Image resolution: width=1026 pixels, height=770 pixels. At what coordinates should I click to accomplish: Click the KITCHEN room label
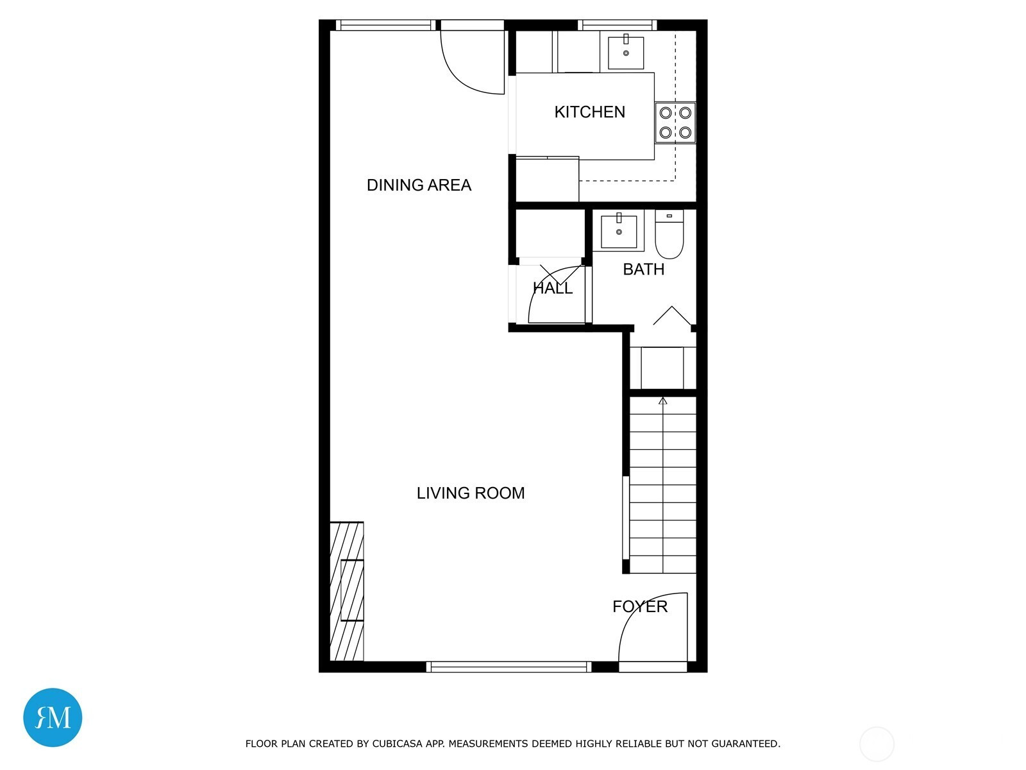click(589, 112)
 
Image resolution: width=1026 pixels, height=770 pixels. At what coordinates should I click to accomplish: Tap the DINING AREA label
click(419, 185)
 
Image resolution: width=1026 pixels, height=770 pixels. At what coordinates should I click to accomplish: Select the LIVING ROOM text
click(471, 493)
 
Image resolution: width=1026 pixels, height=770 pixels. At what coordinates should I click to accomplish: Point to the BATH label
click(644, 269)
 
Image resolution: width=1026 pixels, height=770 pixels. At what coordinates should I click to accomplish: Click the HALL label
click(553, 288)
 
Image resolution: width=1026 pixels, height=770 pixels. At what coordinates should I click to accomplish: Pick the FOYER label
click(640, 606)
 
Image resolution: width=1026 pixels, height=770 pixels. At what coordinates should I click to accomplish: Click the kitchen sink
click(626, 53)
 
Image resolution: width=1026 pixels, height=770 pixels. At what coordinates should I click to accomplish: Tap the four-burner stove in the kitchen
click(675, 123)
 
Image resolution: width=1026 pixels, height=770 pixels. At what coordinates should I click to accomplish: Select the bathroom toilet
click(669, 234)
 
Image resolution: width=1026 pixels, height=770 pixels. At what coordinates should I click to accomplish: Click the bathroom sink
click(619, 230)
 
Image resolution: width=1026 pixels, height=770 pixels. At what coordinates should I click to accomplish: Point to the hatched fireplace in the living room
click(347, 591)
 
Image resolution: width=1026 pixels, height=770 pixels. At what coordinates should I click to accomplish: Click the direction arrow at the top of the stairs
click(663, 400)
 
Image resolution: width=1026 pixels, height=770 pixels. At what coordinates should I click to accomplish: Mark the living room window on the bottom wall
click(509, 667)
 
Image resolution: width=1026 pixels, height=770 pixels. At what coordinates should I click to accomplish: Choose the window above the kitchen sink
click(618, 25)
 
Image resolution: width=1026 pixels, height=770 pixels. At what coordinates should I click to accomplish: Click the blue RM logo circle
click(53, 717)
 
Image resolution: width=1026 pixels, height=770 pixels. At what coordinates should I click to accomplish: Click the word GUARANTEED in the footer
click(746, 744)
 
